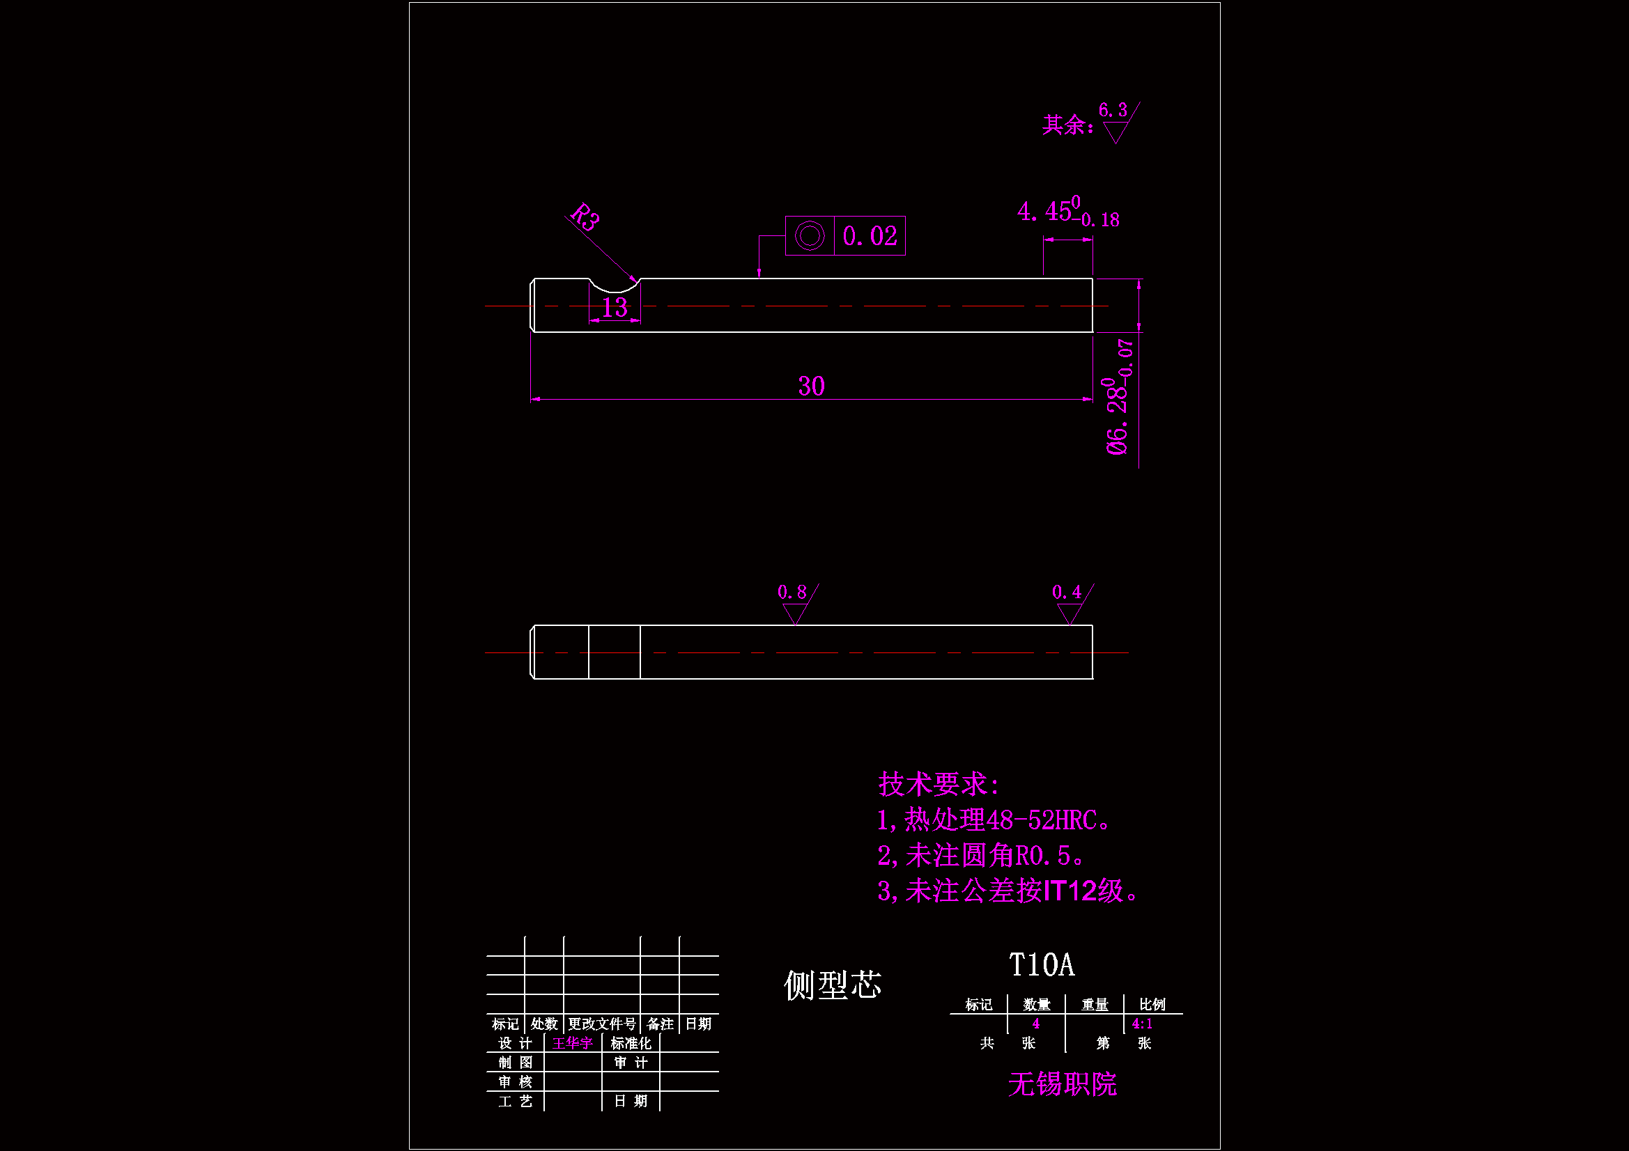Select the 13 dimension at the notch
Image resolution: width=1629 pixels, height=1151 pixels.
[x=615, y=308]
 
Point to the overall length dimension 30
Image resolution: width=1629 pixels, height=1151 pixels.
[x=811, y=386]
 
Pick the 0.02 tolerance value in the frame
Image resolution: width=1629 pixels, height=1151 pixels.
[x=870, y=236]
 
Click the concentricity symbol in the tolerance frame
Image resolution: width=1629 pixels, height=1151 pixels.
[x=810, y=236]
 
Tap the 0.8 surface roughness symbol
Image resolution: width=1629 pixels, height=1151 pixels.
[x=796, y=603]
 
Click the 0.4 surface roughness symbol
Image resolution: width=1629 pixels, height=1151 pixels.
[x=1070, y=603]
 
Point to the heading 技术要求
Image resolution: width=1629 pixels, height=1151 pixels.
[x=938, y=784]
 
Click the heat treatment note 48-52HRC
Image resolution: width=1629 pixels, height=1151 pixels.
[x=994, y=820]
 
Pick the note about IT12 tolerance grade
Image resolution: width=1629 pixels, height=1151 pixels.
[x=1007, y=891]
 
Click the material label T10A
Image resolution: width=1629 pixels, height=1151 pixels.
[x=1042, y=965]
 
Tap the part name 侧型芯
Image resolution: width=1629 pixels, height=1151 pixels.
[x=832, y=985]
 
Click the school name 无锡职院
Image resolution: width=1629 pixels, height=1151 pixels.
[x=1062, y=1084]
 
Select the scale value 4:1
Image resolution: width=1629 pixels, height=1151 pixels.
[x=1142, y=1024]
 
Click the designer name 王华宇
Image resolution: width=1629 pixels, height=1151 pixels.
[x=572, y=1043]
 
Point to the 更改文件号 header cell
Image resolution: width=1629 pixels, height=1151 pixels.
[x=602, y=1024]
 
